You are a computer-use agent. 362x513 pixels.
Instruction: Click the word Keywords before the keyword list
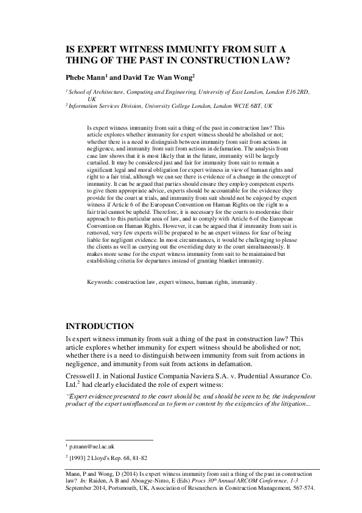(x=101, y=283)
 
